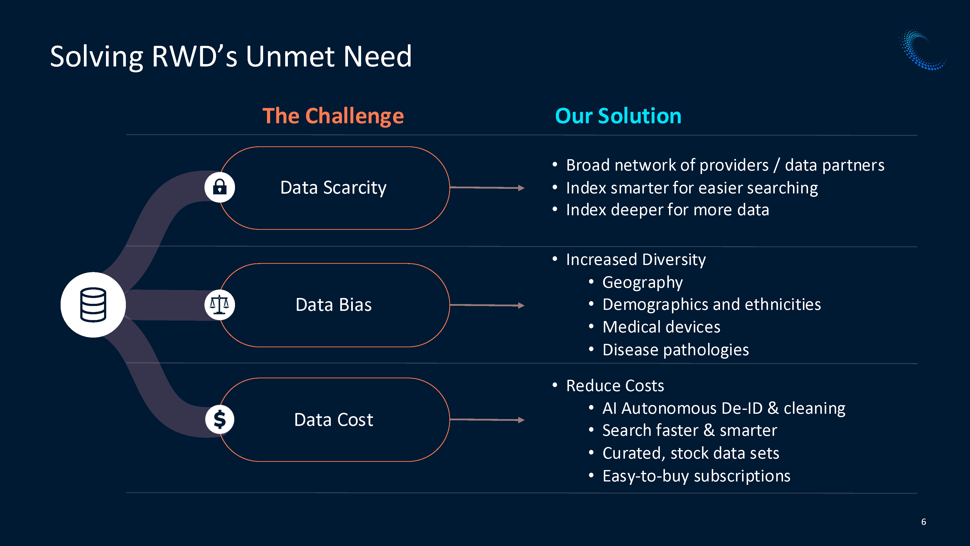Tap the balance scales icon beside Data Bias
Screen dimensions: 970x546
pyautogui.click(x=219, y=305)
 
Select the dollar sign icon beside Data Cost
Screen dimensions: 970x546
pyautogui.click(x=219, y=419)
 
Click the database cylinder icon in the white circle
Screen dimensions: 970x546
pyautogui.click(x=93, y=305)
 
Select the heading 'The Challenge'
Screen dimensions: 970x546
pyautogui.click(x=333, y=116)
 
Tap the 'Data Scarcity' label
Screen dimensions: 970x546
pyautogui.click(x=333, y=188)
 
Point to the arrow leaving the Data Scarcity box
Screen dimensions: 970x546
pyautogui.click(x=487, y=187)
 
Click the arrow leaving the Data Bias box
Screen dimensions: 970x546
pyautogui.click(x=487, y=305)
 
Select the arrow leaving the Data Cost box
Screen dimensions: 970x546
pyautogui.click(x=487, y=419)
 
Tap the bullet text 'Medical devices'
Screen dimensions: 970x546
pyautogui.click(x=661, y=327)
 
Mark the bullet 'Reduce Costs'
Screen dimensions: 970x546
pyautogui.click(x=615, y=386)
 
